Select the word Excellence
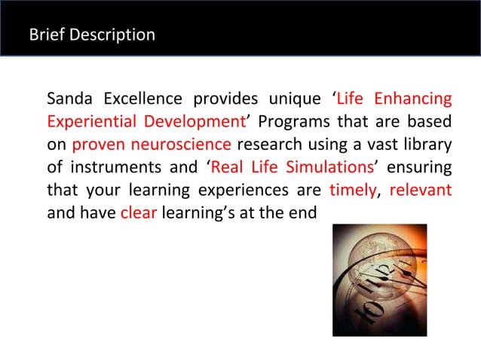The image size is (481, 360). click(143, 99)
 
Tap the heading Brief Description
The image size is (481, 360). click(91, 35)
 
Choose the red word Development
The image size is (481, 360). click(196, 122)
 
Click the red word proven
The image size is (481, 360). click(100, 145)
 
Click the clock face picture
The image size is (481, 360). click(379, 279)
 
